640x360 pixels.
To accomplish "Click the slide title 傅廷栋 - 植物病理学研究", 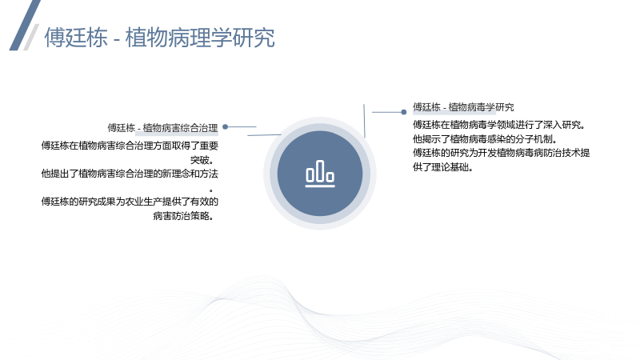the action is (x=159, y=38).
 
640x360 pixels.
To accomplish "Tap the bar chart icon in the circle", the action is (x=320, y=174).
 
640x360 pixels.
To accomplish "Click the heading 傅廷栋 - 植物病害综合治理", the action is (x=163, y=128).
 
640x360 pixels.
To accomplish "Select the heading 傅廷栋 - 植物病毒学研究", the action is (x=463, y=107).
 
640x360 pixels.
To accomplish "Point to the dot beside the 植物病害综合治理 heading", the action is (x=225, y=127).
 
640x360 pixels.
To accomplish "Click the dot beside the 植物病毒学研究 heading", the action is (x=404, y=112).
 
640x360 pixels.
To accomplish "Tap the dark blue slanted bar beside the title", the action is (x=25, y=26).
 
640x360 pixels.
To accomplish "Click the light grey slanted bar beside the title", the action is (x=31, y=37).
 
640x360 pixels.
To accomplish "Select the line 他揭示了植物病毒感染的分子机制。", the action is (x=485, y=138).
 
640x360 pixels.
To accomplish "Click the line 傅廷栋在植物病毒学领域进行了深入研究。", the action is (x=499, y=125).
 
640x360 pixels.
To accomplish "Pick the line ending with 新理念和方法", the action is (x=130, y=174).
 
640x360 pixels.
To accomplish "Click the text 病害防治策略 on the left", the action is (x=181, y=215).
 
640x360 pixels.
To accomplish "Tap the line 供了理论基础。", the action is (x=443, y=167).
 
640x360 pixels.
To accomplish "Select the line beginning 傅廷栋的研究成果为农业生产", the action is (x=130, y=202).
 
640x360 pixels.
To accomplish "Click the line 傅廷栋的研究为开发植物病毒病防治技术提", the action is (x=502, y=153).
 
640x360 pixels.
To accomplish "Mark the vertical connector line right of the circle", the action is (x=364, y=121).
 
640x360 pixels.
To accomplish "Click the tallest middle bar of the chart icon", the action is (x=320, y=170).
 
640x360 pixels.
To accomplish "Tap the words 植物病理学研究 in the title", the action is (x=200, y=38).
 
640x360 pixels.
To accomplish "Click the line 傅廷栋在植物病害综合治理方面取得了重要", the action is (x=130, y=146).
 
